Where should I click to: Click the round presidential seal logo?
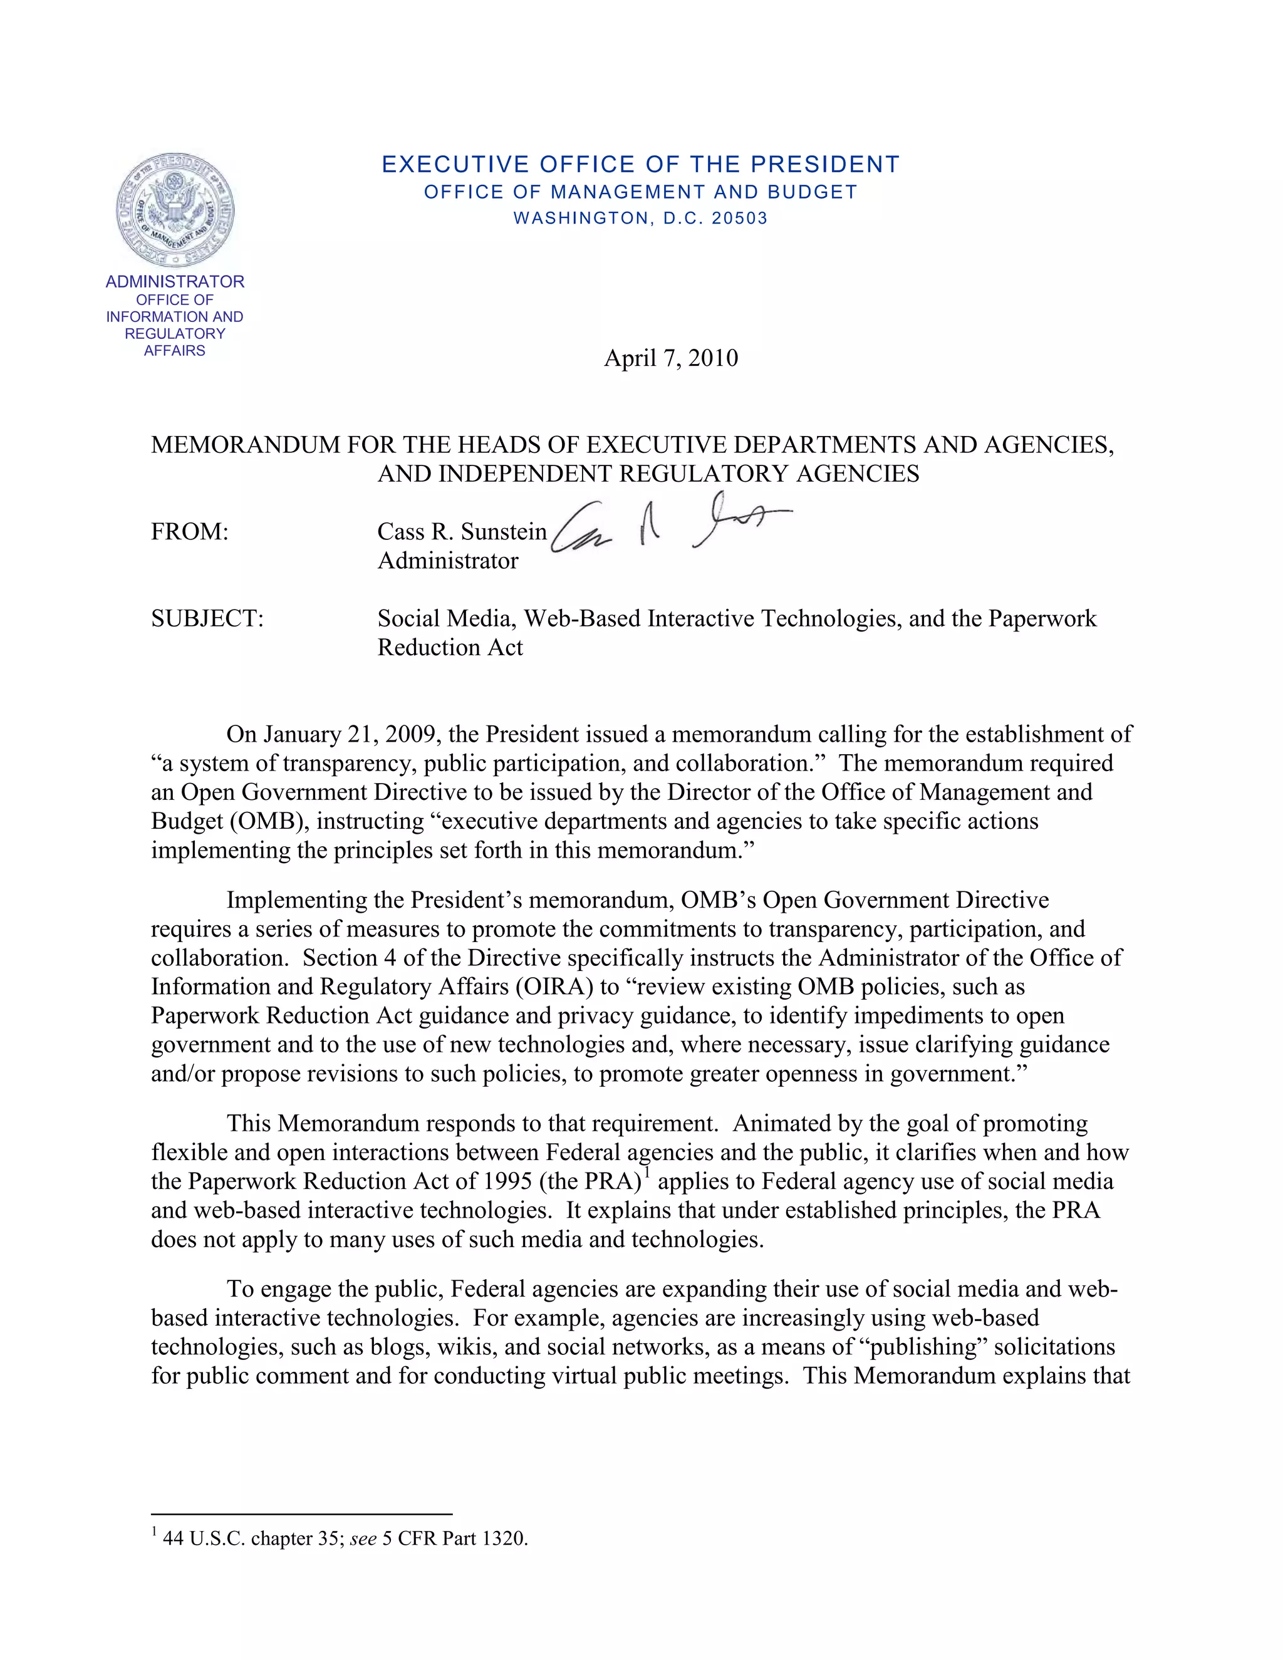coord(175,210)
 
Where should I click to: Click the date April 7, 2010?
coord(670,358)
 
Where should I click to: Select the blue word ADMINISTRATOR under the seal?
coord(175,282)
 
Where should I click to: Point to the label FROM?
coord(190,532)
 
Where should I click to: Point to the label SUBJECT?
coord(207,619)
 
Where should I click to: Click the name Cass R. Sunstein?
coord(461,532)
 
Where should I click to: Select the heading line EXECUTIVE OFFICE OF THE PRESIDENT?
coord(640,164)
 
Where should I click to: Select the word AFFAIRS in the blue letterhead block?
coord(175,350)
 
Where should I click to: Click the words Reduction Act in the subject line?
coord(450,648)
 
